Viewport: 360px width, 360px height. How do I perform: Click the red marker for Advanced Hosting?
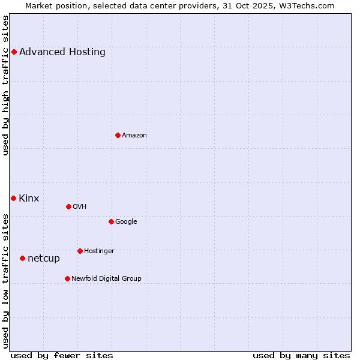coord(14,52)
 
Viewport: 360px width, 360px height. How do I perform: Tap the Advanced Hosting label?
coord(62,52)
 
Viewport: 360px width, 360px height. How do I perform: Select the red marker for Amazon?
coord(118,135)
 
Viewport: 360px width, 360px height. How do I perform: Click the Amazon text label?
coord(134,135)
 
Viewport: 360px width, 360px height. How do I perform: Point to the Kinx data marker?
coord(13,198)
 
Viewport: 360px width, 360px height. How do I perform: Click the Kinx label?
coord(29,199)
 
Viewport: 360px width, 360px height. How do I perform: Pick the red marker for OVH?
coord(68,206)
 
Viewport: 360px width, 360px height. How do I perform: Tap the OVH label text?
coord(80,206)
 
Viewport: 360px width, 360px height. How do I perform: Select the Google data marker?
coord(111,221)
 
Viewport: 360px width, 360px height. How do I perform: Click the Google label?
coord(126,221)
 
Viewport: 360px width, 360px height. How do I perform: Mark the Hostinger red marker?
coord(80,251)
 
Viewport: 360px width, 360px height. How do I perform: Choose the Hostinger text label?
coord(99,251)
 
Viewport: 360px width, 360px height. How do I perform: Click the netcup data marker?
coord(22,258)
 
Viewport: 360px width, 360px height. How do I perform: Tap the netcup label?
coord(44,259)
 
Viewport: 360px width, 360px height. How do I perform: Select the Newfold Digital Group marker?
coord(67,278)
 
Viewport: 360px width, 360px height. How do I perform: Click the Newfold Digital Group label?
coord(106,278)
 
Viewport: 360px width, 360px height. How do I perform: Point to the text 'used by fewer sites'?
coord(62,355)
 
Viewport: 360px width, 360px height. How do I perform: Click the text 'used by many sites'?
coord(301,355)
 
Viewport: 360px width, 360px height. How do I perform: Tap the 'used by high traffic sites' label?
coord(5,85)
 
